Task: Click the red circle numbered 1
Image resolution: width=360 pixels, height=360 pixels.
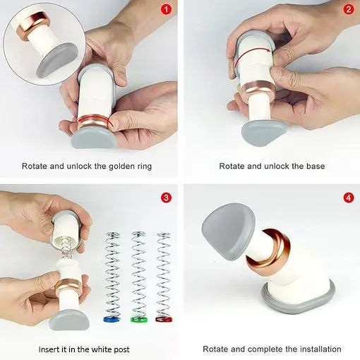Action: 167,10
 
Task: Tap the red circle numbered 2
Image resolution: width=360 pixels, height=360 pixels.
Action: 349,10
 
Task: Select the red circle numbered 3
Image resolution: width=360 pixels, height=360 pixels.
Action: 167,198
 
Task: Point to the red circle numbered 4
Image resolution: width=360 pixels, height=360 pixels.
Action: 349,198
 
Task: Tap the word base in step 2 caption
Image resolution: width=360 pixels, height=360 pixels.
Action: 316,166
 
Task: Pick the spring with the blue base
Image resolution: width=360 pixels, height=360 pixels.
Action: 112,277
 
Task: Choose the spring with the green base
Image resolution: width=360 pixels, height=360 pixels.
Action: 138,277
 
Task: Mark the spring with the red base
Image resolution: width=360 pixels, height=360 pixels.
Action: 164,277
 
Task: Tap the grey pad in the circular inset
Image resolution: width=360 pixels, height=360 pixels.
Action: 57,60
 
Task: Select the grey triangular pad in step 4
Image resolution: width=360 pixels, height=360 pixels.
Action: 229,232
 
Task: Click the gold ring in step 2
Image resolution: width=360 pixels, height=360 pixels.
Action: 258,90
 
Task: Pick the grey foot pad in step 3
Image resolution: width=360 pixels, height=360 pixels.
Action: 69,320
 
